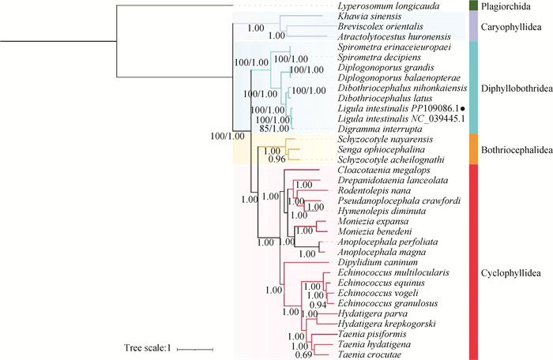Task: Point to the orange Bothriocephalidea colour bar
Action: (x=471, y=149)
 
